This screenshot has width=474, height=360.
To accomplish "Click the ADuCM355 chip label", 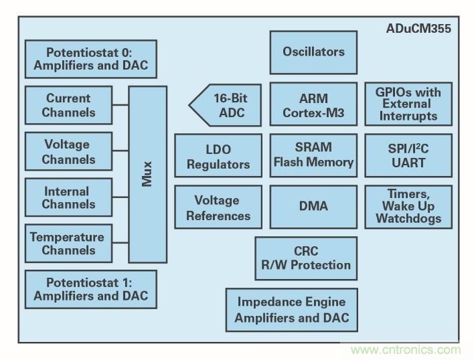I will point(418,29).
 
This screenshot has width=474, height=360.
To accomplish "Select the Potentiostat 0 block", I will point(91,59).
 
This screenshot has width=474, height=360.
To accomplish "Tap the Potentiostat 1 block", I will point(91,289).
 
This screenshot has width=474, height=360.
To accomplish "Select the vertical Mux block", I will point(147,174).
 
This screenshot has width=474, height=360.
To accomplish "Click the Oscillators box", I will point(313,52).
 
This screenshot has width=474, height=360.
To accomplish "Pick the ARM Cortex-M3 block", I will point(313,104).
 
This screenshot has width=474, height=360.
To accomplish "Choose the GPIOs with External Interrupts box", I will point(408,104).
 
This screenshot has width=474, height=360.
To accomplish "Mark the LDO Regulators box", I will point(218,156).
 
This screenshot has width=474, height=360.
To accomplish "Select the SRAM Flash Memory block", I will point(313,155).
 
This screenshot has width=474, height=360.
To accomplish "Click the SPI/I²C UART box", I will point(408,155).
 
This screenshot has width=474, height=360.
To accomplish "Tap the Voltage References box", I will point(218,207).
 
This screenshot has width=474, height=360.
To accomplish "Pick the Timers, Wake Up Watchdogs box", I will point(408,207).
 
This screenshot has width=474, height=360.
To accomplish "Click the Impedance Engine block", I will point(291,310).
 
